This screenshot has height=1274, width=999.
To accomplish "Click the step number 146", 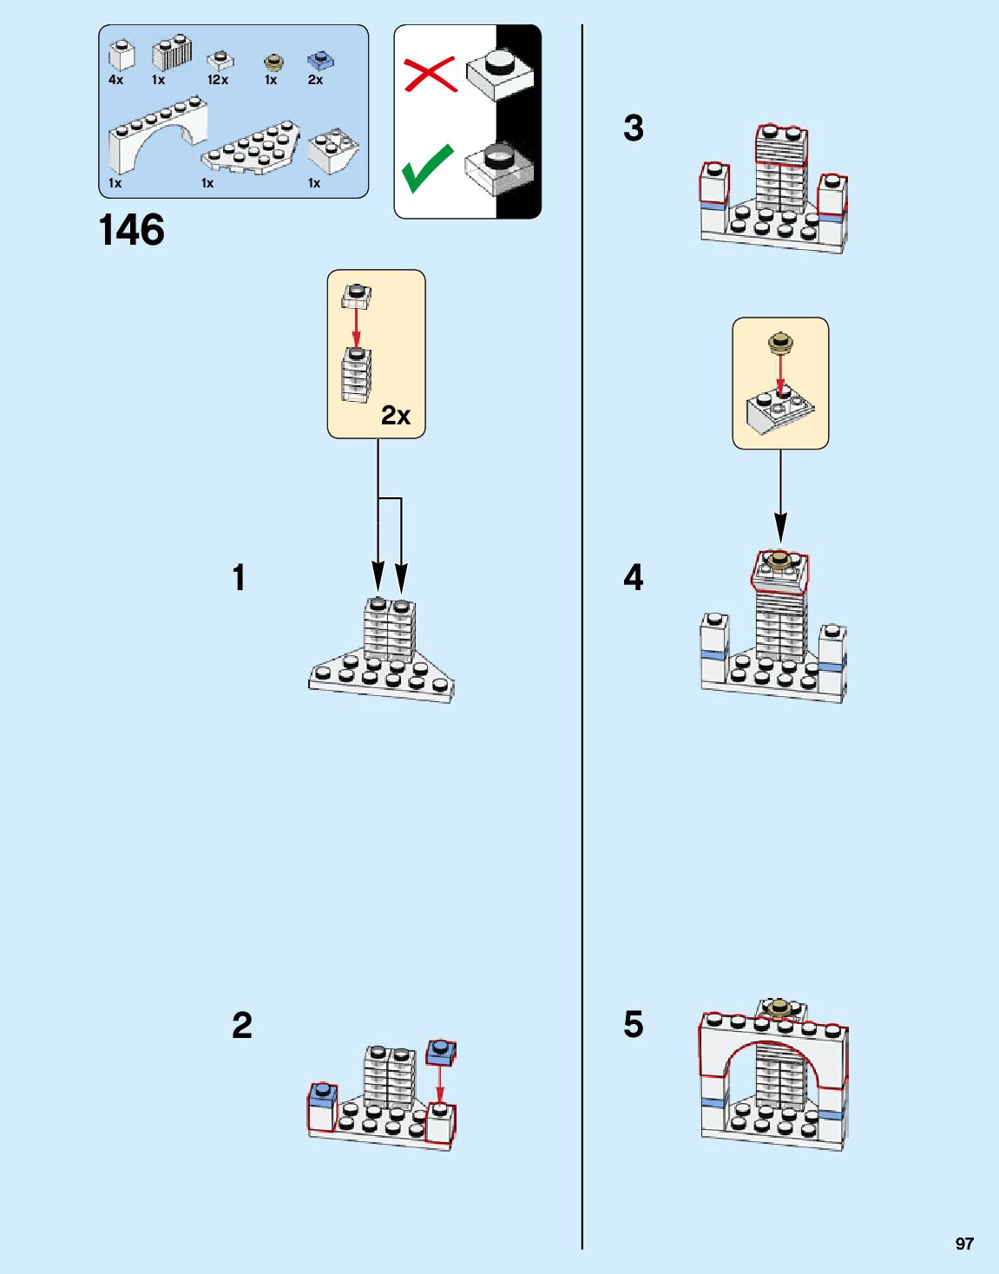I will coord(132,231).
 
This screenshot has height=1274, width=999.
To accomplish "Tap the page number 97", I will coord(964,1244).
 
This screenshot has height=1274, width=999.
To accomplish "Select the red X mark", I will coord(430,74).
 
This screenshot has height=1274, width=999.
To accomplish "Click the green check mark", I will coord(427,167).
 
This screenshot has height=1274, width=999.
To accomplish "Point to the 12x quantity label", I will coord(217,80).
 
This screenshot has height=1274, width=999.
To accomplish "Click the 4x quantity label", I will coord(116,80).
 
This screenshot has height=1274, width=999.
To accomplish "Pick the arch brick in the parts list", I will coord(157,135).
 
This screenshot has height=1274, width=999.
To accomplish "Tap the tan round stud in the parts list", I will coord(273,62).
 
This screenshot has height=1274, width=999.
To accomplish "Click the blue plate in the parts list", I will coord(320,61).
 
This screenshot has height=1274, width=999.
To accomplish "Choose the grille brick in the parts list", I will coord(172,54).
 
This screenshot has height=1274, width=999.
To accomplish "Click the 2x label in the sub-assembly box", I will coord(396,416).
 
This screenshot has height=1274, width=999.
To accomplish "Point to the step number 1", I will coord(239,578).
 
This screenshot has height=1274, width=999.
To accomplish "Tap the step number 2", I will coord(242,1026).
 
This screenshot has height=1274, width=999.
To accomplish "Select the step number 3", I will coord(634,128).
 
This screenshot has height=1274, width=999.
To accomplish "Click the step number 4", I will coord(634,578).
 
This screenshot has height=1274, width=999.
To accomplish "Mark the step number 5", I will coord(634,1025).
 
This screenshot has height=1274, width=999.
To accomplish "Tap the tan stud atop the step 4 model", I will coord(780,558).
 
